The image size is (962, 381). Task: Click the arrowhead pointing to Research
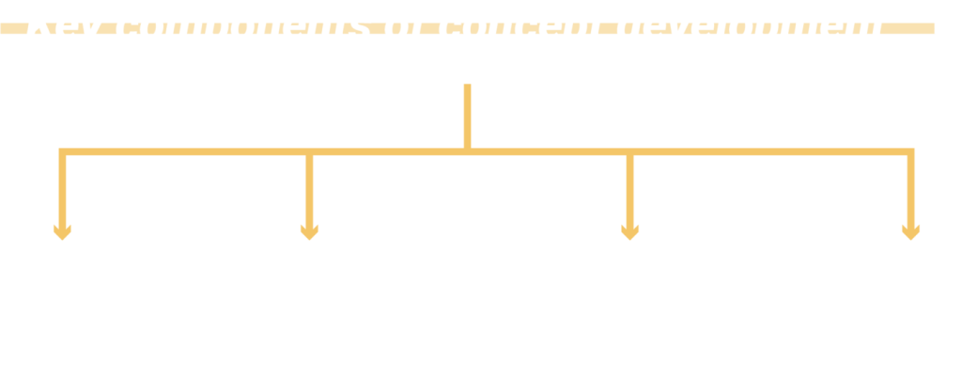62,230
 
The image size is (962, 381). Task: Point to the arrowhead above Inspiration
309,230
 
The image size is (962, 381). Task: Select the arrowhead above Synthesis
629,230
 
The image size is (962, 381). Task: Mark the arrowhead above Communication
909,230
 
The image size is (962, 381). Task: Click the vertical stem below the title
467,115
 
